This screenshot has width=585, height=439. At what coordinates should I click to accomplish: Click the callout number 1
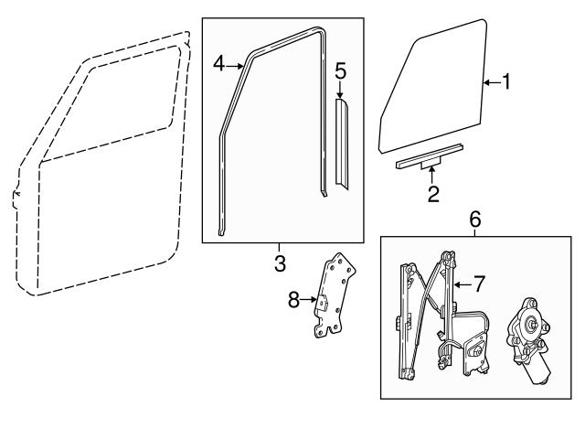pos(505,82)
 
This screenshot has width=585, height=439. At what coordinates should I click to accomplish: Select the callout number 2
pos(432,193)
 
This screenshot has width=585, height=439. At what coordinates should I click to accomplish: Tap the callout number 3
pos(280,264)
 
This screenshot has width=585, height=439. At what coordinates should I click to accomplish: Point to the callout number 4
pos(218,64)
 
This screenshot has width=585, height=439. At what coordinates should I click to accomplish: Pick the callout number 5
pos(340,70)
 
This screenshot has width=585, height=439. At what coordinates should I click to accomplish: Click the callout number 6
pos(474,219)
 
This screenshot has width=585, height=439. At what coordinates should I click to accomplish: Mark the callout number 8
pos(294,298)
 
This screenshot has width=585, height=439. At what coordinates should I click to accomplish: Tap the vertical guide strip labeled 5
pos(343,146)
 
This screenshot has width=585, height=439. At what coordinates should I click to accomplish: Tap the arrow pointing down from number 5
pos(340,90)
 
